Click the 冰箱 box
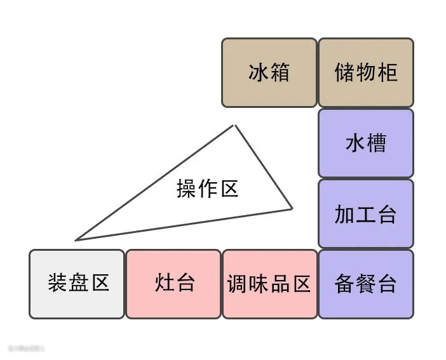point(269,72)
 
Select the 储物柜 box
point(365,72)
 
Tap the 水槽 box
point(365,143)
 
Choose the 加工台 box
point(365,213)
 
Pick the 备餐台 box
point(365,284)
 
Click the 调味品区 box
point(269,284)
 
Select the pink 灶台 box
point(173,284)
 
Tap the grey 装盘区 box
point(77,284)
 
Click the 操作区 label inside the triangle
point(207,189)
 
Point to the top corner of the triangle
point(235,125)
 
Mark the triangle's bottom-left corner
point(76,240)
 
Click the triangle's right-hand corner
point(292,208)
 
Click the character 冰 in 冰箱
point(258,72)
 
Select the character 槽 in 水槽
point(376,143)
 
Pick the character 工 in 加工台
point(365,214)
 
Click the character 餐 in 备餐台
point(365,284)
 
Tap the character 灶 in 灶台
point(163,284)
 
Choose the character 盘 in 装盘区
point(77,284)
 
